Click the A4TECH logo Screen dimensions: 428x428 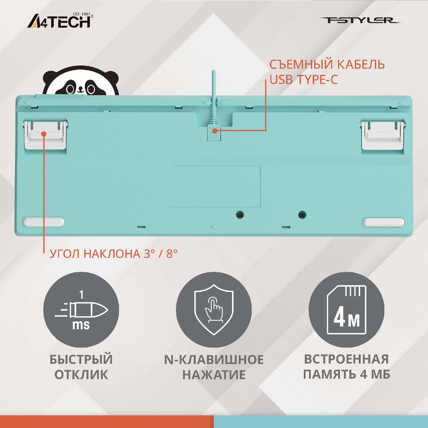point(60,21)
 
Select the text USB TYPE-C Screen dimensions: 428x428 point(304,80)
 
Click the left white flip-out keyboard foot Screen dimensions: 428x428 point(46,135)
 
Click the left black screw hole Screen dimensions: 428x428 point(240,215)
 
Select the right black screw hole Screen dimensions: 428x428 point(302,215)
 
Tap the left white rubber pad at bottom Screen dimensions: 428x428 point(44,222)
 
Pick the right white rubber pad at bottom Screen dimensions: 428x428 point(384,222)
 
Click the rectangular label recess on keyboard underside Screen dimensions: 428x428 point(214,187)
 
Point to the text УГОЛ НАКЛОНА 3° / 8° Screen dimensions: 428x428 point(114,253)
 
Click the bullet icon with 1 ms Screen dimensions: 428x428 point(81,310)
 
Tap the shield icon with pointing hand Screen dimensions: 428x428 point(214,310)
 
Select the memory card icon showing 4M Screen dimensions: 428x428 point(346,310)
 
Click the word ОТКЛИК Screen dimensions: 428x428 point(81,375)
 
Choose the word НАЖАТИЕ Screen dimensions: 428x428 point(214,375)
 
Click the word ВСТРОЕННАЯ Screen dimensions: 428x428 point(346,359)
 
